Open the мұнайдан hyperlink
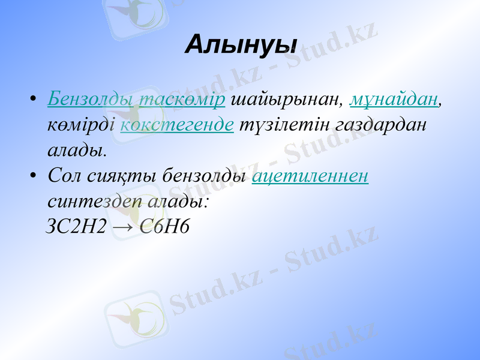coord(394,100)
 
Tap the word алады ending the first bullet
coord(77,150)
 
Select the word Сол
coord(65,176)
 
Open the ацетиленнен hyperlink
coord(310,176)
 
